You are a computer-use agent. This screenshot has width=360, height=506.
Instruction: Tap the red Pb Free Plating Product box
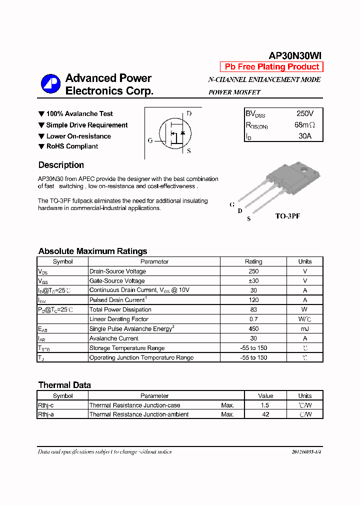271,67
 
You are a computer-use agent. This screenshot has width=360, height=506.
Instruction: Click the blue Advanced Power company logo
50,84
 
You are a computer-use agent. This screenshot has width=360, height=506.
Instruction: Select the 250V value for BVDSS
305,114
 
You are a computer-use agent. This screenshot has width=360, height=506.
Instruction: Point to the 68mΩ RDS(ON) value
304,125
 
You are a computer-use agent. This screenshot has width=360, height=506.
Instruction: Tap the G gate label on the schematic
150,140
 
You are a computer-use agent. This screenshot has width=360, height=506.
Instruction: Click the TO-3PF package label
287,216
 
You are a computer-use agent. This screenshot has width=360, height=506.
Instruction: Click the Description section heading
61,165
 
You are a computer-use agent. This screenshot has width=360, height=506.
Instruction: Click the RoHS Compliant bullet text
72,146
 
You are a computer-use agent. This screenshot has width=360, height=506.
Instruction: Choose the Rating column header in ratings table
253,261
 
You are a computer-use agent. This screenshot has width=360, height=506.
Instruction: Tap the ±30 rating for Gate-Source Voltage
253,281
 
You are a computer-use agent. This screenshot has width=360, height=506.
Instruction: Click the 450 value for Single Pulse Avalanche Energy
253,329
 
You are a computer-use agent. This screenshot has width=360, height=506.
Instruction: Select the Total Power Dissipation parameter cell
120,310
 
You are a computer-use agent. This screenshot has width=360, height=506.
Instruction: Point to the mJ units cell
305,329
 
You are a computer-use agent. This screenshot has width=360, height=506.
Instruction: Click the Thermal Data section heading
64,385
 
